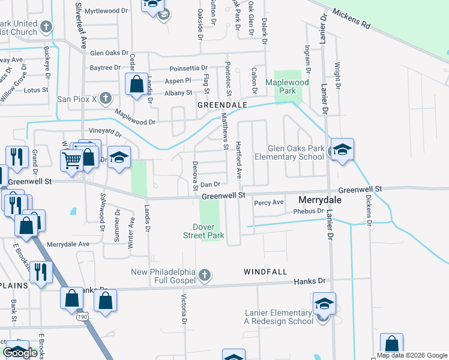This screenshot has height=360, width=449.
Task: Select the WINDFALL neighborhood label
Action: [x=262, y=272]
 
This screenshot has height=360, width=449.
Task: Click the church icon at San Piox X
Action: [x=105, y=98]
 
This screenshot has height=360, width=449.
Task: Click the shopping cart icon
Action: [x=71, y=160]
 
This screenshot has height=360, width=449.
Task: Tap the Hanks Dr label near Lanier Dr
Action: [x=309, y=281]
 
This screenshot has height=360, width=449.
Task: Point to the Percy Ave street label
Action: [x=268, y=203]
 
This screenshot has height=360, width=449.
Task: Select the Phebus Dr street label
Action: [x=292, y=211]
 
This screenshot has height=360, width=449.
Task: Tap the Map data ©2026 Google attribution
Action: [x=412, y=355]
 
